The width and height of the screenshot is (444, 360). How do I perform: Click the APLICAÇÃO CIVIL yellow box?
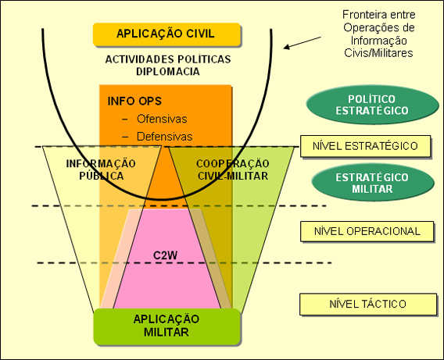coord(167,34)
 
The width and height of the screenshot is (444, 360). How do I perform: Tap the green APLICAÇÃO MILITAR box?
coord(167,326)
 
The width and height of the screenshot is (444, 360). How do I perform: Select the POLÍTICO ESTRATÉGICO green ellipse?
coord(372,105)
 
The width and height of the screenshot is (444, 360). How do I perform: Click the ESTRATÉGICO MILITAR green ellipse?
coord(372,183)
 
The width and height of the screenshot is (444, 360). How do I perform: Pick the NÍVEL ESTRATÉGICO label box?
coord(365,146)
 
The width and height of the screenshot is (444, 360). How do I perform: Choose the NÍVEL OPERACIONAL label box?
coord(367,231)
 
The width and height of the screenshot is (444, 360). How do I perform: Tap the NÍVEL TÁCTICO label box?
coord(368,304)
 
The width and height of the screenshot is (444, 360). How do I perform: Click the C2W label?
coord(166,255)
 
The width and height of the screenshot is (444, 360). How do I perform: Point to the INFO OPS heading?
coord(134,102)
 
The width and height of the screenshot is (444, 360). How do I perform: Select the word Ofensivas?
coord(162,119)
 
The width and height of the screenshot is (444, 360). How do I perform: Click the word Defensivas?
coord(165,137)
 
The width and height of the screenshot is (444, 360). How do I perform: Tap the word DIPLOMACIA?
coord(168,72)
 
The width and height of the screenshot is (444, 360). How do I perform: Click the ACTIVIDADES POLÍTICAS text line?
coord(168,59)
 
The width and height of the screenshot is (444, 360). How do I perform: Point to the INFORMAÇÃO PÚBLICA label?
coord(101,169)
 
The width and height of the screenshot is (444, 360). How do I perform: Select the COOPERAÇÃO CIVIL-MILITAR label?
coord(233,169)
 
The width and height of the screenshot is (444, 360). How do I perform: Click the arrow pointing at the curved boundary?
coord(303,43)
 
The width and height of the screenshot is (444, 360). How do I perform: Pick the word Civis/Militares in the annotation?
coord(378,53)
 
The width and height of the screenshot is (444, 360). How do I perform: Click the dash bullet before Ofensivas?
coord(125,119)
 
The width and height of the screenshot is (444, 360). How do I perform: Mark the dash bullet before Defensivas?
coord(125,137)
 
